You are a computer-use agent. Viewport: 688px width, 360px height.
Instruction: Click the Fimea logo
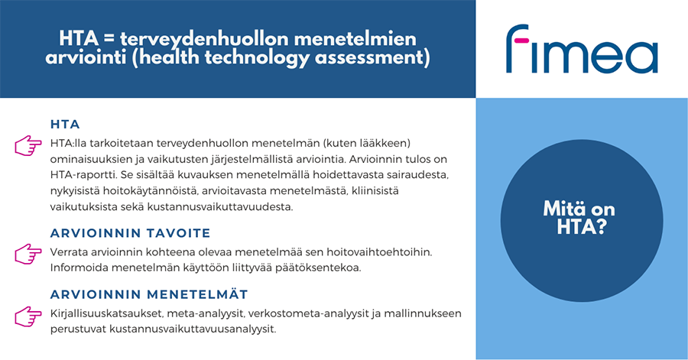[x=582, y=49]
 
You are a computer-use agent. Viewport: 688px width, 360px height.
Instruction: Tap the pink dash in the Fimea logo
[x=521, y=41]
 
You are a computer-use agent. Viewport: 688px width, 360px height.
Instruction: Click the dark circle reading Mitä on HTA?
[x=582, y=221]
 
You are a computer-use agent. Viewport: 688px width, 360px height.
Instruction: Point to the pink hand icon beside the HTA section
[x=28, y=145]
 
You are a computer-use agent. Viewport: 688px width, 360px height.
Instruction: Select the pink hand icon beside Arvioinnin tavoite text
[x=28, y=254]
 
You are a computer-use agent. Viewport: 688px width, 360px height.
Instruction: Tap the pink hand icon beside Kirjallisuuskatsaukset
[x=28, y=316]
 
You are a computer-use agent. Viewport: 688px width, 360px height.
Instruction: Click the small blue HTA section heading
[x=65, y=125]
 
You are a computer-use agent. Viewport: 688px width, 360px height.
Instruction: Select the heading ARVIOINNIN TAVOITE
[x=130, y=233]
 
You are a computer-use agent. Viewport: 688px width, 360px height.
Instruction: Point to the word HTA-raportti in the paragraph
[x=83, y=175]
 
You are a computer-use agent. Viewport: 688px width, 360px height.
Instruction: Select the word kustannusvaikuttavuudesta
[x=220, y=206]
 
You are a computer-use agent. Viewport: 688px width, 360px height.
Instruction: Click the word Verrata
[x=69, y=252]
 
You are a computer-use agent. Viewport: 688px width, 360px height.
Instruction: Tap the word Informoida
[x=78, y=268]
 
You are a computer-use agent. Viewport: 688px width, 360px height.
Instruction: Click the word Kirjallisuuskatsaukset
[x=106, y=313]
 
